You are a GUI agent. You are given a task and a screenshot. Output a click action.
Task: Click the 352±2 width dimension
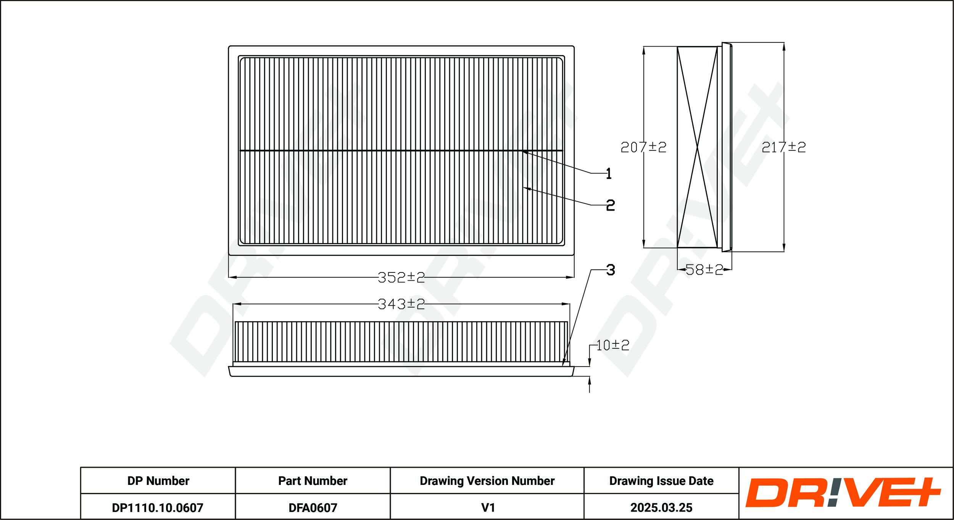tap(401, 277)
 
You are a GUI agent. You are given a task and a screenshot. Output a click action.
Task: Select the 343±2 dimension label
tap(401, 304)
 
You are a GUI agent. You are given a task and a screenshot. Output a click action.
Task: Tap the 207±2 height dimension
tap(643, 147)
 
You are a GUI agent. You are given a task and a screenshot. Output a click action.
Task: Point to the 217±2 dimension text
tap(783, 147)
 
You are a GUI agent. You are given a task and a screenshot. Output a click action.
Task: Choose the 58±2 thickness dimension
tap(704, 270)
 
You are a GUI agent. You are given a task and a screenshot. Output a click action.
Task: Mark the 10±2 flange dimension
tap(612, 345)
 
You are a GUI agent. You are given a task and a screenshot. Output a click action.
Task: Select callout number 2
tap(610, 205)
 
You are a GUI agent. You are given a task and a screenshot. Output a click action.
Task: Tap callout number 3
tap(611, 270)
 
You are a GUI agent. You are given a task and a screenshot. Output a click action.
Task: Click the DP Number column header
tap(158, 481)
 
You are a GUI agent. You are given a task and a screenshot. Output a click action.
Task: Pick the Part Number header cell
tap(313, 481)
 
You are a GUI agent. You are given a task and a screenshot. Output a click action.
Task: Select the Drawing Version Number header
tap(487, 481)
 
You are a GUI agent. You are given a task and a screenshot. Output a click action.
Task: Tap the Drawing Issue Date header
tap(661, 481)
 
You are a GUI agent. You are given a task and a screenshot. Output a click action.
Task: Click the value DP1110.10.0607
tap(158, 507)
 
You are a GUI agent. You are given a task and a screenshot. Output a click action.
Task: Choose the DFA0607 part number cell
tap(313, 507)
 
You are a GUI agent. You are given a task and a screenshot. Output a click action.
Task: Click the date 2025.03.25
tap(661, 507)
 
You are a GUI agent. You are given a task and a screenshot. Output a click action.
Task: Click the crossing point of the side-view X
tap(697, 147)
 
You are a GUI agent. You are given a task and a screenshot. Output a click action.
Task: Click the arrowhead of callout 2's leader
tap(524, 188)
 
